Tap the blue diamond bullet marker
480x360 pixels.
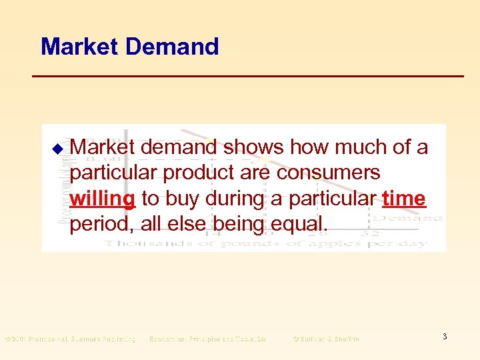click(58, 148)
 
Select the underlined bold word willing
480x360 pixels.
click(103, 198)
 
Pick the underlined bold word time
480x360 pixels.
click(404, 198)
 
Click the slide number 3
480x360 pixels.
click(444, 337)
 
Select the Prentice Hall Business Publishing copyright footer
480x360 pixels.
click(71, 339)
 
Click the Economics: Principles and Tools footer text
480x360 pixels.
click(207, 339)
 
